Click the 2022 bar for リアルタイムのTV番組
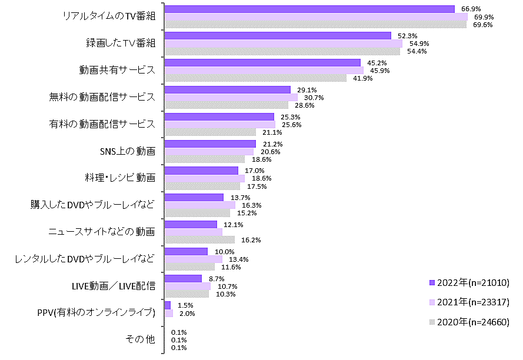309,9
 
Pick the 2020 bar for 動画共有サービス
255,78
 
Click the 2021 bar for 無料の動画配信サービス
231,97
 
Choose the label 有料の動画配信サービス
102,124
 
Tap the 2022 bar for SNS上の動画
210,144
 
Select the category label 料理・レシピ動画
119,178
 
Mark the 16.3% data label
252,205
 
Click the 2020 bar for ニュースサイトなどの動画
199,240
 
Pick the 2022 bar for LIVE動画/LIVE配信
183,278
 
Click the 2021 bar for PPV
169,314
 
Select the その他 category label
140,339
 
